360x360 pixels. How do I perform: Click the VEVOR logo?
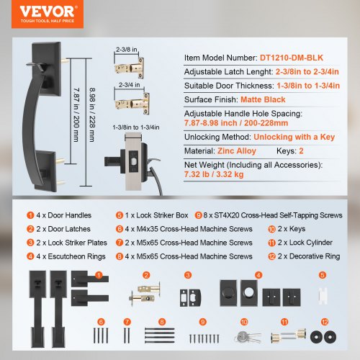[48, 14]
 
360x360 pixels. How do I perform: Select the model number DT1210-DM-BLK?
[292, 58]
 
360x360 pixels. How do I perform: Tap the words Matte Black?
[263, 99]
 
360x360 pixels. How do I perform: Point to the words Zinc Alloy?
[237, 151]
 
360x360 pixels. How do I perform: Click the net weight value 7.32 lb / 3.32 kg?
[214, 174]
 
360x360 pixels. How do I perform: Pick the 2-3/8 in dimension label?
[127, 50]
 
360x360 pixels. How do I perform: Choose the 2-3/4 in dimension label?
[129, 85]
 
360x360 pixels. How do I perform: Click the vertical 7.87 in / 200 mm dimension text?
[76, 114]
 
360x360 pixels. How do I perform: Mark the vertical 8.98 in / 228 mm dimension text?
[92, 114]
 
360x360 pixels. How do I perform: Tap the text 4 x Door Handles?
[63, 215]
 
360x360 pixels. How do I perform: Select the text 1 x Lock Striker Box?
[156, 215]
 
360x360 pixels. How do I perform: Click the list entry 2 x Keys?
[292, 229]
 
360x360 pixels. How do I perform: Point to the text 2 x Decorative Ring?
[309, 256]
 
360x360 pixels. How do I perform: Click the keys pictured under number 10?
[248, 336]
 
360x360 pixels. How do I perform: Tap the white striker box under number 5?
[323, 296]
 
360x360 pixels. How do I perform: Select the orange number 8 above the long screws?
[162, 322]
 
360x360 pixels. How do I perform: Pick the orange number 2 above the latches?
[146, 275]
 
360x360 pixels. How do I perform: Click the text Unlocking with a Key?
[294, 137]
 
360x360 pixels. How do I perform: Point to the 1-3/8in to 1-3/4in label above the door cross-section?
[136, 127]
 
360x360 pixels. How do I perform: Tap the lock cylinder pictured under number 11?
[288, 336]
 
